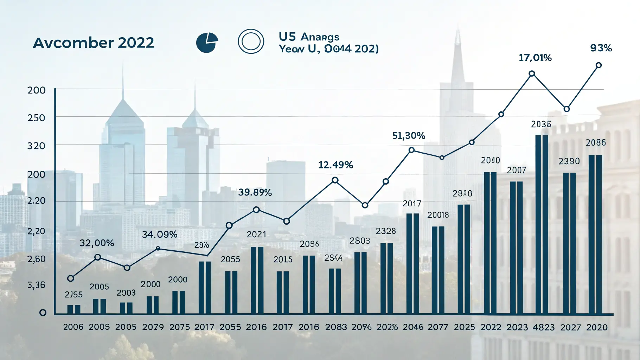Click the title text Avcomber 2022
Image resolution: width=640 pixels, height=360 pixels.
coord(94,43)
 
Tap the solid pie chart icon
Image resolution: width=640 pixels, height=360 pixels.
coord(207,43)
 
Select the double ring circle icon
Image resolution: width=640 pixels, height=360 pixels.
coord(251,41)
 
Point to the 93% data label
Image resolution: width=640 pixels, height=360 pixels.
coord(601,48)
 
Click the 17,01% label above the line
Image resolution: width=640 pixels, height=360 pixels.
coord(535,58)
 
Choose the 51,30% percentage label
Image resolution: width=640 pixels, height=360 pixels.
coord(409,136)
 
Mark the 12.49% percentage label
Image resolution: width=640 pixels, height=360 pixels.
coord(335,165)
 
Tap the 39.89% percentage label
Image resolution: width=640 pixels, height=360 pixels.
coord(255,192)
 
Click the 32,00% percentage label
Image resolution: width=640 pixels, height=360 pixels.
coord(97,243)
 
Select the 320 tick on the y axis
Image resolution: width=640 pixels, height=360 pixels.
coord(36,146)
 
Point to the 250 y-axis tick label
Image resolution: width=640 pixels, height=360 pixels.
coord(36,118)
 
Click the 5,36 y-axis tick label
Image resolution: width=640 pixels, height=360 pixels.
coord(36,285)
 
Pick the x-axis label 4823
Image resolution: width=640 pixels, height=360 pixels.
coord(543,327)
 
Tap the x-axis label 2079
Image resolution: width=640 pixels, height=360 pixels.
coord(153,327)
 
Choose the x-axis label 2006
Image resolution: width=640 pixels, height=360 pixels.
coord(73,327)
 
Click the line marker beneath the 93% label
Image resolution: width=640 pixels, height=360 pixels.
coord(599,65)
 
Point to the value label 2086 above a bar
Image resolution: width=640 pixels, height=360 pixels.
coord(596,143)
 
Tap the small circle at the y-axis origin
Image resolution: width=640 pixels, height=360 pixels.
coord(43,313)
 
